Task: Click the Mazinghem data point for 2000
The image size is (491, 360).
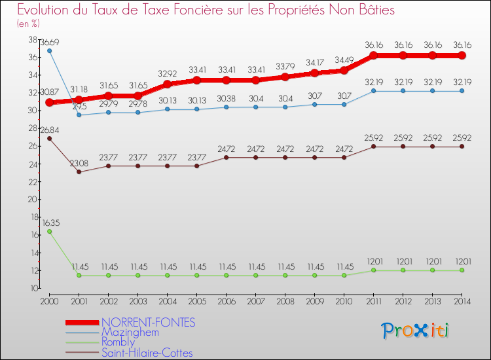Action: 50,50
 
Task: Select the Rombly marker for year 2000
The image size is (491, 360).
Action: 50,231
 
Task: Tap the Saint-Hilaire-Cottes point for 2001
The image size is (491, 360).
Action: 79,172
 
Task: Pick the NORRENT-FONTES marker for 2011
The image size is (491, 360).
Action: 373,56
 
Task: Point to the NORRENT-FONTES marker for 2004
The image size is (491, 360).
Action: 167,84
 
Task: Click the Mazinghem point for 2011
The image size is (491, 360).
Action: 373,91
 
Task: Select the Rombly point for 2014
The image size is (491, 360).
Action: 462,270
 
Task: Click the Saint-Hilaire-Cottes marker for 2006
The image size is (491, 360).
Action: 226,157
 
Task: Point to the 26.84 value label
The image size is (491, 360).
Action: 50,130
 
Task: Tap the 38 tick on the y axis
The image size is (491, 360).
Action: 31,39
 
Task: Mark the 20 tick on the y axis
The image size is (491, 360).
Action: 31,199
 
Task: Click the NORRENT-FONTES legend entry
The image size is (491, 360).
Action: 148,323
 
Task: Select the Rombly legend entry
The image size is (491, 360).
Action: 118,342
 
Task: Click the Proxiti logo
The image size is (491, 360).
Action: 415,331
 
